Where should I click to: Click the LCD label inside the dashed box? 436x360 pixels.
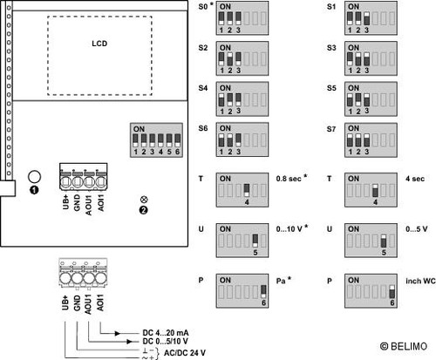pyautogui.click(x=99, y=44)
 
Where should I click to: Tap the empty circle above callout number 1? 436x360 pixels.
pyautogui.click(x=34, y=176)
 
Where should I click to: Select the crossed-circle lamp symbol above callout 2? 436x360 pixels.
pyautogui.click(x=144, y=200)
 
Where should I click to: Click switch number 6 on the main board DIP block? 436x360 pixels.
pyautogui.click(x=177, y=140)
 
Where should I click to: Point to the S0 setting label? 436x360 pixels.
pyautogui.click(x=203, y=7)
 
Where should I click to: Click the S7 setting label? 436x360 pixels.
pyautogui.click(x=331, y=129)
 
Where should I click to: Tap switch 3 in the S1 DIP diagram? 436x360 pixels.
pyautogui.click(x=366, y=18)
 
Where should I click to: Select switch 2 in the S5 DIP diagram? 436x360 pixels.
pyautogui.click(x=358, y=99)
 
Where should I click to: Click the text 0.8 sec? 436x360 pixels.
pyautogui.click(x=289, y=179)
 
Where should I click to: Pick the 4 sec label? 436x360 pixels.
pyautogui.click(x=415, y=179)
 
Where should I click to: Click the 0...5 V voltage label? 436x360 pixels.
pyautogui.click(x=417, y=229)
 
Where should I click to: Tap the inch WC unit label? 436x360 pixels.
pyautogui.click(x=420, y=281)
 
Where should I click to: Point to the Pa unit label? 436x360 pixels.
pyautogui.click(x=281, y=281)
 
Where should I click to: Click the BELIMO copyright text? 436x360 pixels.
pyautogui.click(x=404, y=346)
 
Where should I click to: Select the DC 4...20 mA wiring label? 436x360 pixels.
pyautogui.click(x=166, y=333)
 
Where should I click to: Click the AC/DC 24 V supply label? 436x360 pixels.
pyautogui.click(x=185, y=353)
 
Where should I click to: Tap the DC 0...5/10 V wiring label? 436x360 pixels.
pyautogui.click(x=165, y=342)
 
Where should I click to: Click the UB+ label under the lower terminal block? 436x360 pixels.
pyautogui.click(x=65, y=303)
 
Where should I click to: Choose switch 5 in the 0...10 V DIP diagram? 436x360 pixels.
pyautogui.click(x=255, y=241)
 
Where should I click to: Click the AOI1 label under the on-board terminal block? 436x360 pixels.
pyautogui.click(x=100, y=203)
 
